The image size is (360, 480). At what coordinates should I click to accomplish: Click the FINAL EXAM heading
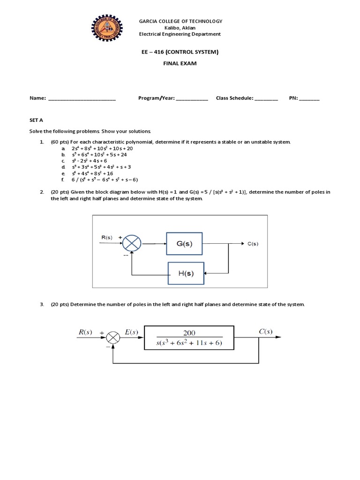coord(180,63)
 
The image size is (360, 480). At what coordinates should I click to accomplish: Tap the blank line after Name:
coord(82,98)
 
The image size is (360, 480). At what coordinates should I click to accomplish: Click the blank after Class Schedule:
coord(266,98)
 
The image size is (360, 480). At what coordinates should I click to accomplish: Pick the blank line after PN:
coord(309,98)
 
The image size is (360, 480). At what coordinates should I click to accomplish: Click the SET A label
coord(36,120)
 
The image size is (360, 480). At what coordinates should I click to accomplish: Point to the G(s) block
coord(184,244)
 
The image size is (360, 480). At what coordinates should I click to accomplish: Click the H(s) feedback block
coord(186,273)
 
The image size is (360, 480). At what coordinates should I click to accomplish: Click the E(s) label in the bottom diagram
coord(131,332)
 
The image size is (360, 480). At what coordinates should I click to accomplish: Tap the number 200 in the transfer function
coord(189,333)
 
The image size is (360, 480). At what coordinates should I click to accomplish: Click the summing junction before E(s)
coord(113,337)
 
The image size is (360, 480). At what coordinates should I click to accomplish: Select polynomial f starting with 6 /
coord(105,180)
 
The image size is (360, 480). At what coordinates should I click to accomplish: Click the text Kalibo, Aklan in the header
coord(180,28)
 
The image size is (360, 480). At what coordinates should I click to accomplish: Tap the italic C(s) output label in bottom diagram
coord(266,331)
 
